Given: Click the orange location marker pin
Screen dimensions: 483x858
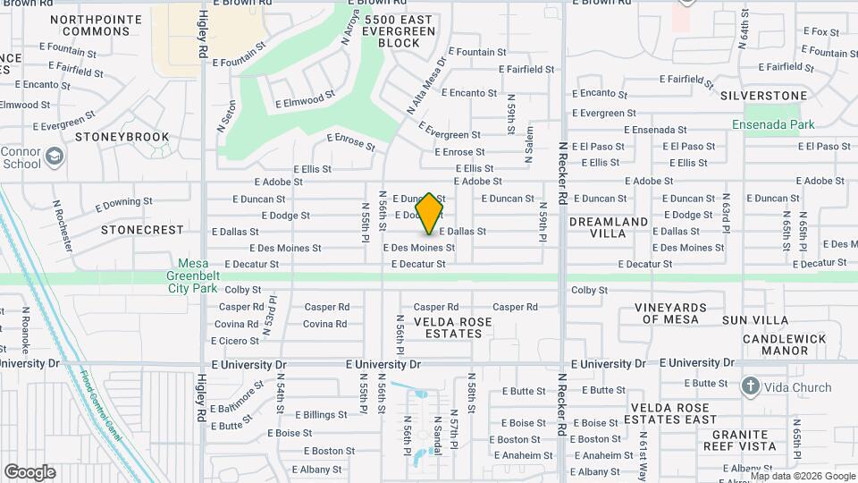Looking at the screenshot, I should [430, 213].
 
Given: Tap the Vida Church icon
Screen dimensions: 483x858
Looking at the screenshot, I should [750, 387].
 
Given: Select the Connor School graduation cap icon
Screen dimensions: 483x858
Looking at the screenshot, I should [55, 157].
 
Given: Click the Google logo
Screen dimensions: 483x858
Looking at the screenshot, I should [29, 472].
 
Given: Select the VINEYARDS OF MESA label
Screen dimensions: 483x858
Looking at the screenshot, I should [671, 313].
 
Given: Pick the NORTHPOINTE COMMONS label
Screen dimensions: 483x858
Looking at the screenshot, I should [89, 25].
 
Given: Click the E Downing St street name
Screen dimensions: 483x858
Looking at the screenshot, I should [122, 203].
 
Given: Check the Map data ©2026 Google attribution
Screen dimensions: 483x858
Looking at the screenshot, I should [802, 476].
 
